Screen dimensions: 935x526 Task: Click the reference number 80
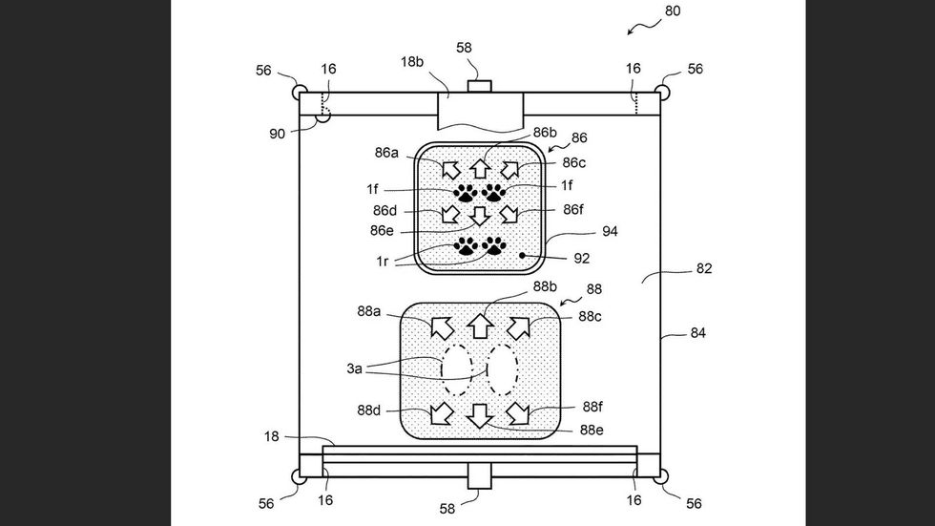pos(672,11)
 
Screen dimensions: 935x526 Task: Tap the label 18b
pos(412,62)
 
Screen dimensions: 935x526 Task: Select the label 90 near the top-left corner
pos(277,134)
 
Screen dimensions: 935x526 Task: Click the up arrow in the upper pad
pos(480,168)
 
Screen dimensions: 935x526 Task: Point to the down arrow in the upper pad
pos(480,216)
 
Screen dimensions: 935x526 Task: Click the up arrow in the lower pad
pos(481,326)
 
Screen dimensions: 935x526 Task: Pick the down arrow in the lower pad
pos(481,415)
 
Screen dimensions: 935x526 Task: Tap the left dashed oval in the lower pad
pos(457,369)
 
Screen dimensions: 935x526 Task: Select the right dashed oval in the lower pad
pos(502,369)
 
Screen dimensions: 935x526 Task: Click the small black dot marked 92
pos(523,255)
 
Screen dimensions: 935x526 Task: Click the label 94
pos(610,231)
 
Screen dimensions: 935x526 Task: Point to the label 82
pos(704,268)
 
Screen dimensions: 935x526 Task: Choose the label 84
pos(697,333)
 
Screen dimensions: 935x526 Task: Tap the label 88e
pos(592,430)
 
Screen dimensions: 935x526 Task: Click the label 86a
pos(386,153)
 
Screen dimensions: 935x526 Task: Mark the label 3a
pos(354,368)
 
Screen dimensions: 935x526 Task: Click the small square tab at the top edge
pos(479,87)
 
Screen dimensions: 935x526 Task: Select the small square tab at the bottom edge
pos(479,476)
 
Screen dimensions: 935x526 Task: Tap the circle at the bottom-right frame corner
pos(660,476)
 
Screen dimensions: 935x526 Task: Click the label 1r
pos(383,262)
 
